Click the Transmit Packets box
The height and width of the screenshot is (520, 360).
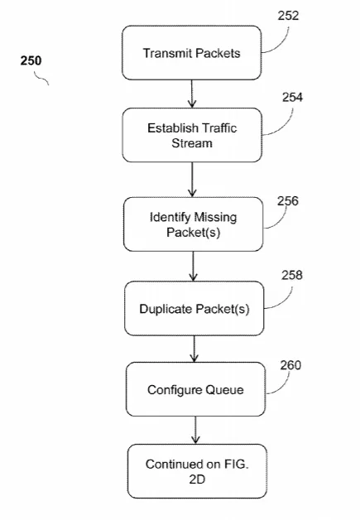point(192,53)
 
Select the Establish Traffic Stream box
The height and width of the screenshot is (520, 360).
point(192,135)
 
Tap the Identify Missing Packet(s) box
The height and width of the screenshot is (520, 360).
point(194,224)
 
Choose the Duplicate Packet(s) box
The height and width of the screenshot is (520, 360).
point(194,308)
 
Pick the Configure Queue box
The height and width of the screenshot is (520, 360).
point(195,389)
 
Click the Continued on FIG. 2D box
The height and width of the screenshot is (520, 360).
point(197,471)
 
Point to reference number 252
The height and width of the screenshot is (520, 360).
point(288,16)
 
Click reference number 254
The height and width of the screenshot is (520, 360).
point(292,97)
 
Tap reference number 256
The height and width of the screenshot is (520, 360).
point(288,200)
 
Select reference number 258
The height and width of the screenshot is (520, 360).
point(292,275)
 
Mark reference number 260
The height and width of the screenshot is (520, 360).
point(290,365)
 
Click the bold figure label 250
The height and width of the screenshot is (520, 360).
point(31,60)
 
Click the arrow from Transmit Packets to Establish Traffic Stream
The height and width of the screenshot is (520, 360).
point(192,94)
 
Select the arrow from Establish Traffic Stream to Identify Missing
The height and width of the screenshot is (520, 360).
point(192,180)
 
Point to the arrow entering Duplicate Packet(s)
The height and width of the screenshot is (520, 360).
point(194,267)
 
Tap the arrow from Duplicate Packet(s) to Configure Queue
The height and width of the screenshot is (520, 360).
point(194,349)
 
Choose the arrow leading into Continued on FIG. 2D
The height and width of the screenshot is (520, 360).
point(195,431)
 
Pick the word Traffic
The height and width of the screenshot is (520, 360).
point(219,128)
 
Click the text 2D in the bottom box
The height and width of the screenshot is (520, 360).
point(197,479)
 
